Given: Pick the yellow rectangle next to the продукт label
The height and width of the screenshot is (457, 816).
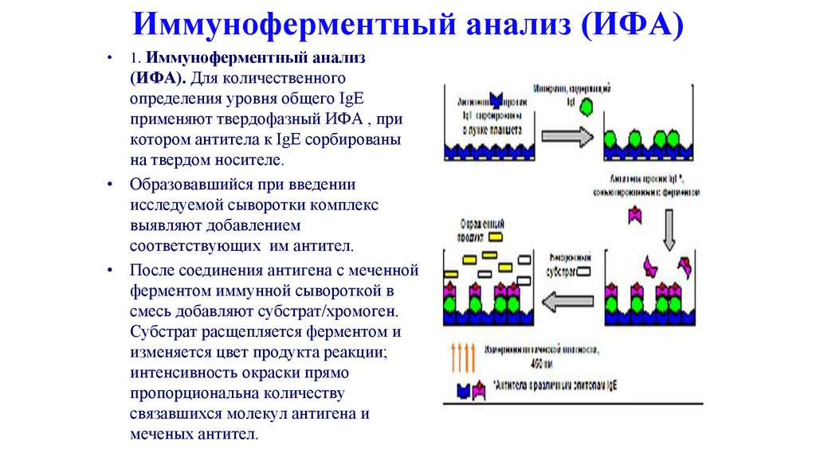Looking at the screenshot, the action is click(496, 236).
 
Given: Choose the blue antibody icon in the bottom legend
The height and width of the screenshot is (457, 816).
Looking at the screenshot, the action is click(461, 390).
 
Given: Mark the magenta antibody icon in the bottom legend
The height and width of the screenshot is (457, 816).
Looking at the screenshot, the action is click(479, 389).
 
